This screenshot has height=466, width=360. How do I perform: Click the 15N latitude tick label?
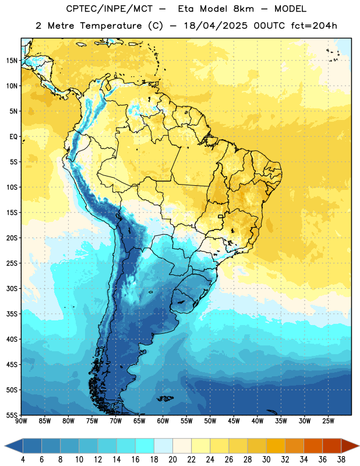pos(12,61)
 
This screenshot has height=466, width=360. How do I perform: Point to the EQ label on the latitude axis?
pos(13,137)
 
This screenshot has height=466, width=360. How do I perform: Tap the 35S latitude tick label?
pos(12,314)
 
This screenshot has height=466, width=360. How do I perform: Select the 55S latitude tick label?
pos(12,415)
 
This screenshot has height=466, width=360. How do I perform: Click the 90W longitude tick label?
pos(21,421)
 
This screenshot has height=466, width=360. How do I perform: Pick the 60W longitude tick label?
pos(163,421)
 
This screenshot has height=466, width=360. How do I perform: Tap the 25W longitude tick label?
pos(328,421)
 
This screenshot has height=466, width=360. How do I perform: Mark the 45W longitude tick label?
pos(234,421)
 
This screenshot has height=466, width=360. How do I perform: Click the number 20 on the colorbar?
pos(172,460)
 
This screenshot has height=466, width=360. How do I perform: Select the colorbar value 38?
pos(341,460)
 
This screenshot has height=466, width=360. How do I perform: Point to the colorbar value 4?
pos(23,460)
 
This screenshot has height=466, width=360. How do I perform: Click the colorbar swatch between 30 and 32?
pos(276,446)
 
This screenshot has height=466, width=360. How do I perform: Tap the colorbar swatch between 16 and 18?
pos(144,446)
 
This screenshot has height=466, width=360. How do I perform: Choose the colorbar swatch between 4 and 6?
pos(32,446)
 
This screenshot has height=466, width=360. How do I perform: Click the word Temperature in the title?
pos(111,26)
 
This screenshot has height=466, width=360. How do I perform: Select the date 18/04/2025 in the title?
pos(216,26)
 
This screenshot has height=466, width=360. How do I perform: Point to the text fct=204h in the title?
pos(314,26)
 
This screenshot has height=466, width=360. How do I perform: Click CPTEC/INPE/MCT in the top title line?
pos(110,9)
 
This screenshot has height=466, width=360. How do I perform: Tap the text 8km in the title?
pos(243,9)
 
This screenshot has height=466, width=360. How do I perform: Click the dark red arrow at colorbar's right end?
pos(350,446)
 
